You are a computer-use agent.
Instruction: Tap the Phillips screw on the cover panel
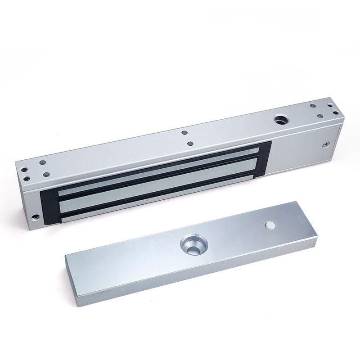[324, 145]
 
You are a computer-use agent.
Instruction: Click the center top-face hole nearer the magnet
[190, 144]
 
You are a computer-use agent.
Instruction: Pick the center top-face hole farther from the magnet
[184, 133]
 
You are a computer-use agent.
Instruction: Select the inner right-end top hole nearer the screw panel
[320, 116]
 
